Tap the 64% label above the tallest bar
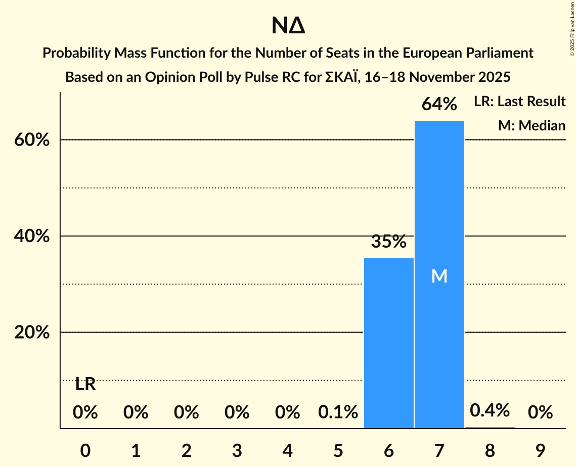point(439,105)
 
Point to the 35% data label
point(388,242)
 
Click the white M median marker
point(439,276)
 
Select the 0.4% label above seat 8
point(490,410)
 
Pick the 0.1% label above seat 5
point(338,412)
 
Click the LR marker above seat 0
point(85,385)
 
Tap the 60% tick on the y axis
point(32,140)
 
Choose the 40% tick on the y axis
point(32,236)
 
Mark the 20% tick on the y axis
point(32,333)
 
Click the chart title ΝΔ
point(288,26)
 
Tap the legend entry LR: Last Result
point(519,102)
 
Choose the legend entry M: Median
point(531,125)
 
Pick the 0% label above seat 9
point(540,412)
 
